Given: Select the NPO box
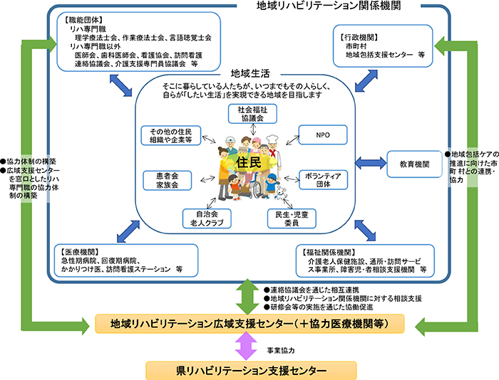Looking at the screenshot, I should [321, 134].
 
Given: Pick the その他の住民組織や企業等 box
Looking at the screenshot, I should [171, 135].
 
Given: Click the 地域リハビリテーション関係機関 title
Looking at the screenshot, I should [318, 6].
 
